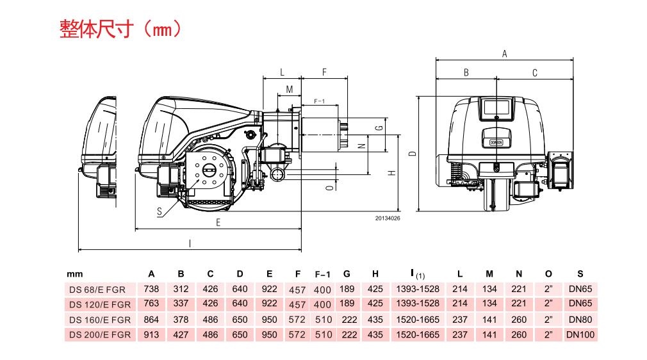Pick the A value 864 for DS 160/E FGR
tap(151, 320)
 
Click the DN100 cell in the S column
tap(580, 334)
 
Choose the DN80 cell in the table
tap(580, 320)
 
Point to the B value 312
tap(181, 290)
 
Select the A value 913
tap(151, 334)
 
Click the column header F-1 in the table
tap(323, 274)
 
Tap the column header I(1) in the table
tap(417, 274)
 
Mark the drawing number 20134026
tap(388, 218)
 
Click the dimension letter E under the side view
tap(218, 222)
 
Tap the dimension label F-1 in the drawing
tap(319, 102)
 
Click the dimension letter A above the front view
tap(504, 54)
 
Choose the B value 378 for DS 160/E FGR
tap(181, 320)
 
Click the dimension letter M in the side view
tap(289, 89)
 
